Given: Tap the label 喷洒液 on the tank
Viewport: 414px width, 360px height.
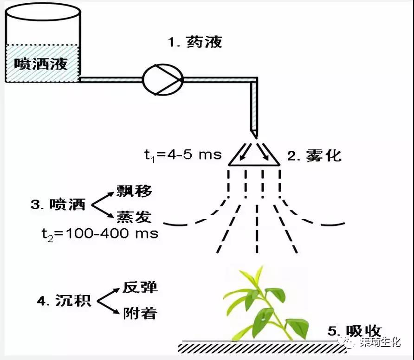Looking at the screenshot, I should click(40, 63).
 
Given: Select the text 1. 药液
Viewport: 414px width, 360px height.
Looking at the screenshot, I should click(195, 42).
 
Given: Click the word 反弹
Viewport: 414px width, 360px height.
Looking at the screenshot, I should click(140, 287).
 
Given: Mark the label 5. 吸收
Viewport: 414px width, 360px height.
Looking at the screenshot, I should click(355, 331).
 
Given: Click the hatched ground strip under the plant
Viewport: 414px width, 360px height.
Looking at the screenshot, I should click(260, 347).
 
